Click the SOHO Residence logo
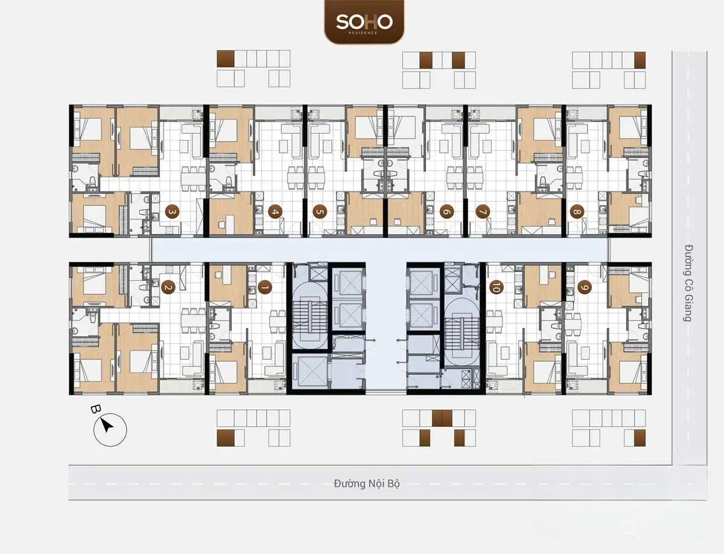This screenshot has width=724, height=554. coord(364,22)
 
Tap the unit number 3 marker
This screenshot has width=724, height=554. coord(172,212)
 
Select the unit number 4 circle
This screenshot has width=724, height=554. coord(275,212)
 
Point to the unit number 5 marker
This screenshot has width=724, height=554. coord(320,212)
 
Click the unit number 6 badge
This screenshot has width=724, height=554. coord(446,212)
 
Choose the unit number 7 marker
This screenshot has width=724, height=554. coord(483,212)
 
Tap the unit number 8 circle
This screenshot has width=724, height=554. coord(577,212)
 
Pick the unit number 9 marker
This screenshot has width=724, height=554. coord(585,287)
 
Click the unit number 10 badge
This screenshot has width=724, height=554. coord(496,287)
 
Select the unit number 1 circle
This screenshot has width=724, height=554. coord(265,287)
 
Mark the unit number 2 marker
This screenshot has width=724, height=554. coord(168,287)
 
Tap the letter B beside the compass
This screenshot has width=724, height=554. coord(95,409)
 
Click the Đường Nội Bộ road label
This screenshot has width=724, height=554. coord(366,483)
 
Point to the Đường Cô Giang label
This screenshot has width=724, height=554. coord(687,283)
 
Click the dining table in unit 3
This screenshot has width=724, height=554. coord(193,179)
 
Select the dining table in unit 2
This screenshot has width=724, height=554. coord(193,321)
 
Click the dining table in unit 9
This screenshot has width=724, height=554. coord(574,321)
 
